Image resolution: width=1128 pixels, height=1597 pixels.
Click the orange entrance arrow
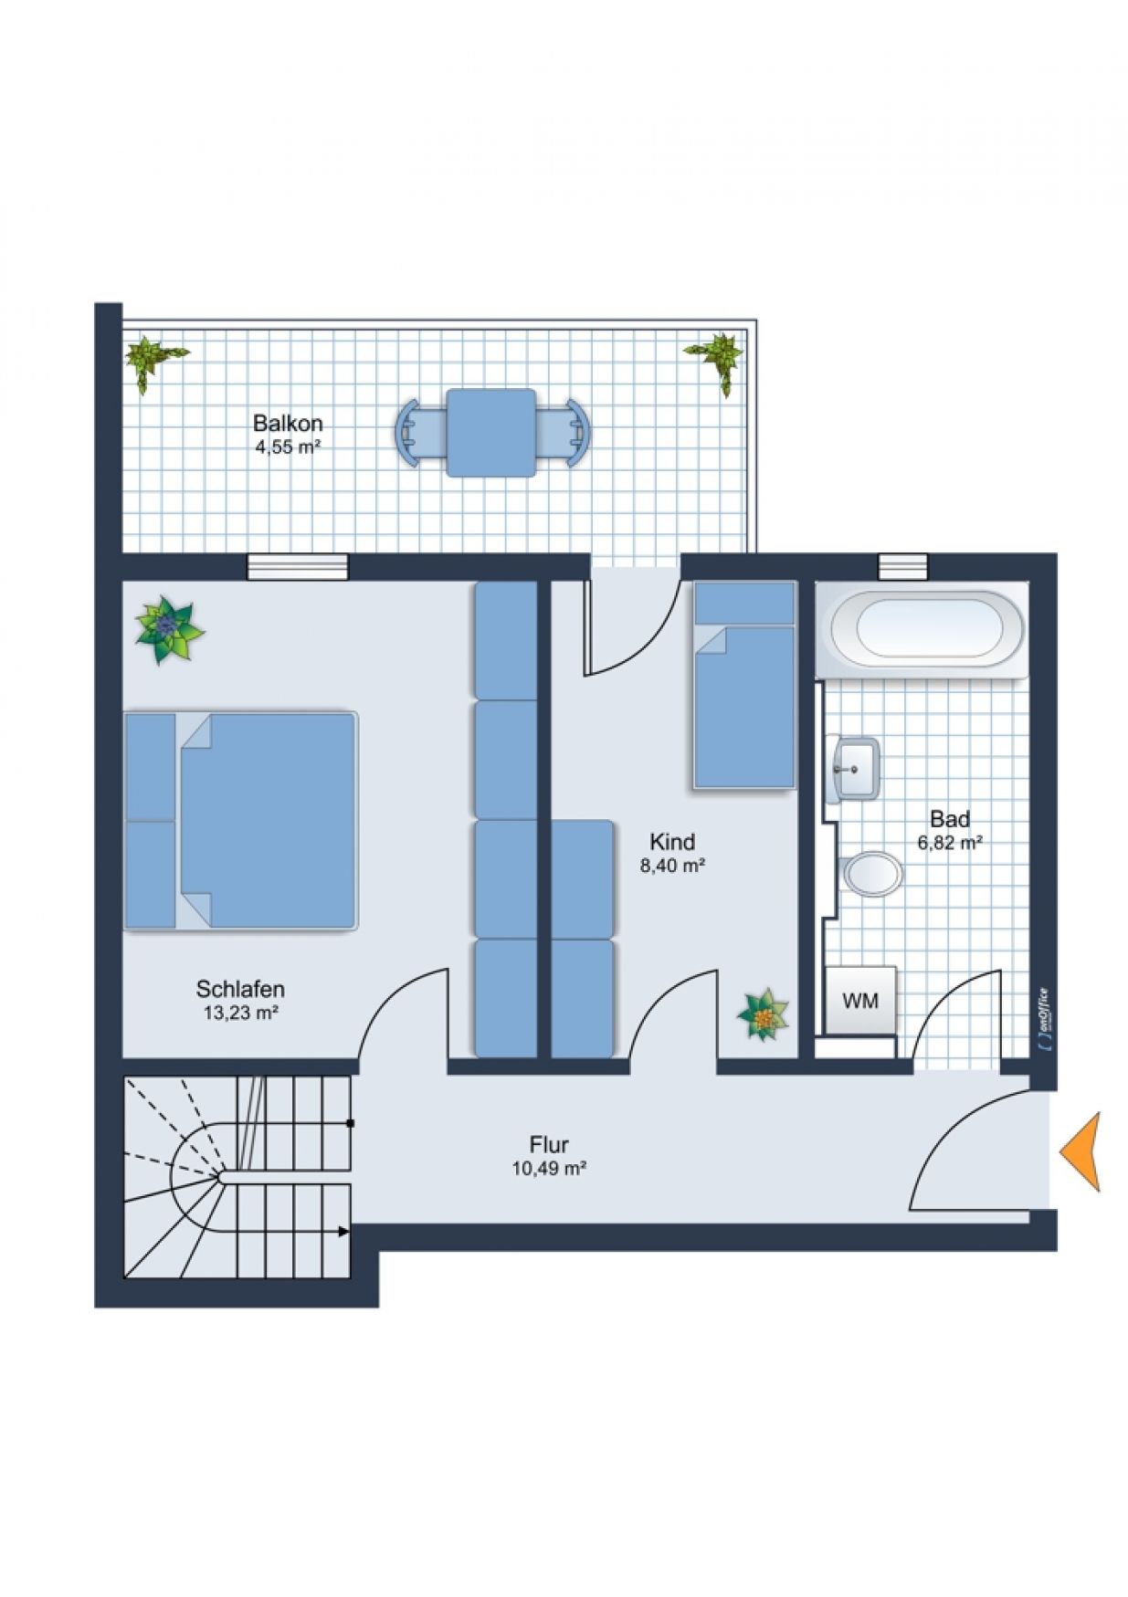1081,1151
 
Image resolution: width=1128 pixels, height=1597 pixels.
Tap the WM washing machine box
859,1000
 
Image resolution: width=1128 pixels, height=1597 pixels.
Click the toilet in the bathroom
871,874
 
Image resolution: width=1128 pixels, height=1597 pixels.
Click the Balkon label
288,424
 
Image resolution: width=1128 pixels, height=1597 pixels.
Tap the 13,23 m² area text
241,1013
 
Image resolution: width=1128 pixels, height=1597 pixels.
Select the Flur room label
549,1144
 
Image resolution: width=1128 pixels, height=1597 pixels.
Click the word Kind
672,841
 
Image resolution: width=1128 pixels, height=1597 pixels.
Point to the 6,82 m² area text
950,843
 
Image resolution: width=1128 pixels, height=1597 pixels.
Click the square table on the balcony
491,433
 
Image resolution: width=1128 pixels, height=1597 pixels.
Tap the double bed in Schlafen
240,821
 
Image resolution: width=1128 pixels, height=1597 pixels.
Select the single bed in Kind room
744,685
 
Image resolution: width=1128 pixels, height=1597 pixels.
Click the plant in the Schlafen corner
168,629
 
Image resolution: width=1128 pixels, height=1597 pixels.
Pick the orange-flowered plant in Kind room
764,1014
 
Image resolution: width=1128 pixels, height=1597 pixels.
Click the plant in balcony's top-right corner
717,360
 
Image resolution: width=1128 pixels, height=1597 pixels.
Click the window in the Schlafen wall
299,567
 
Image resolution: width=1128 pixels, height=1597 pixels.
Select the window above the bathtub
902,566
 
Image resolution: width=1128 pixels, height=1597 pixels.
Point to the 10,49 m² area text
549,1168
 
